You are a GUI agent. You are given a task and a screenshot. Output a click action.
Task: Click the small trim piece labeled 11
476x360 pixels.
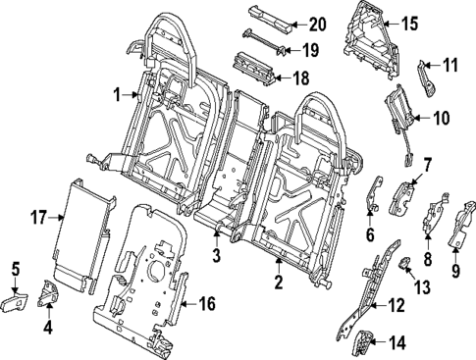pyautogui.click(x=429, y=77)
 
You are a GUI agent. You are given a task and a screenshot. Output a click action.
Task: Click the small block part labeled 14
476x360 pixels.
pyautogui.click(x=362, y=343)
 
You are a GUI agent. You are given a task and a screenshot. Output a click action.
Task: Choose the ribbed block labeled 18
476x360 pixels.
pyautogui.click(x=253, y=68)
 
